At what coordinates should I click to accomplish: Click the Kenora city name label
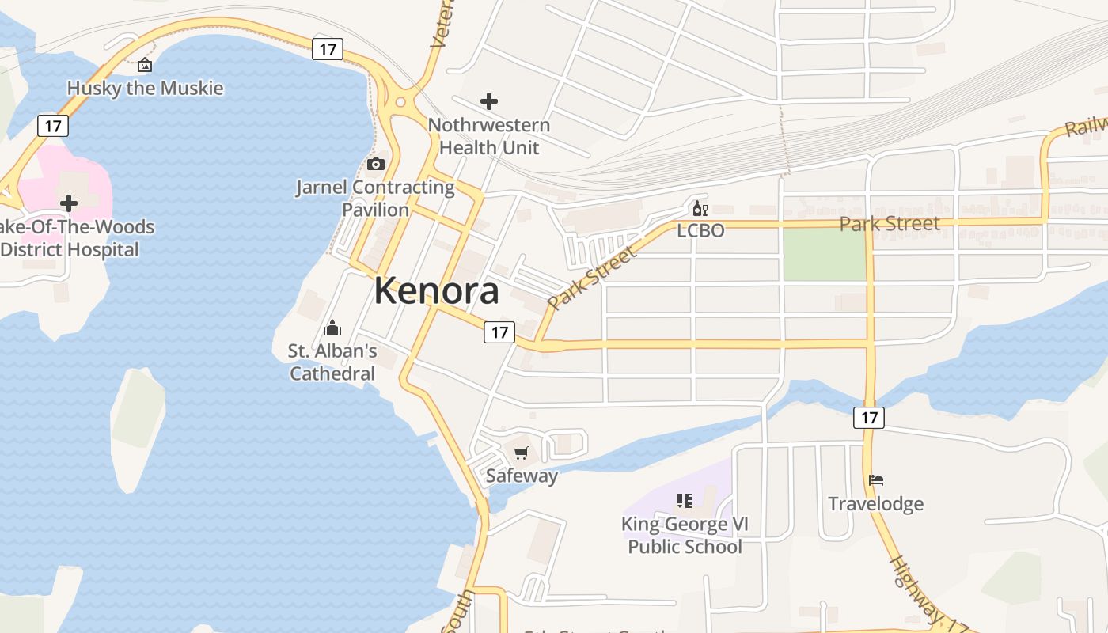tap(436, 291)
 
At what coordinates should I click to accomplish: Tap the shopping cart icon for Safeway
tap(521, 453)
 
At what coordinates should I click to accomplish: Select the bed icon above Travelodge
tap(875, 480)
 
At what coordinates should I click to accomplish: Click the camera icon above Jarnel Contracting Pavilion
tap(376, 165)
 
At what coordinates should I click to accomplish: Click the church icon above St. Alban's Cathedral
tap(332, 328)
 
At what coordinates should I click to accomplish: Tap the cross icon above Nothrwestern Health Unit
tap(489, 101)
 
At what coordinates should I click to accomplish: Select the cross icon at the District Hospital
tap(69, 203)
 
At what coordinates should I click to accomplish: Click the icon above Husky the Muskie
tap(145, 66)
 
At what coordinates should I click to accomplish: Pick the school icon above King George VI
tap(685, 501)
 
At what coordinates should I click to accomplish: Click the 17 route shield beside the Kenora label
tap(499, 332)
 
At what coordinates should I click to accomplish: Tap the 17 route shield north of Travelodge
tap(868, 417)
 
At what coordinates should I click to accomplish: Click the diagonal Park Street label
tap(591, 278)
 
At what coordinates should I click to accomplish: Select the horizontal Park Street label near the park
tap(890, 224)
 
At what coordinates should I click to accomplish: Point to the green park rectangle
tap(824, 254)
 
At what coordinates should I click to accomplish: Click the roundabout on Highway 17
tap(400, 101)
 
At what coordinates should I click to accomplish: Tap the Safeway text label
tap(522, 476)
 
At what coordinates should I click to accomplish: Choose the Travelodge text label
tap(875, 504)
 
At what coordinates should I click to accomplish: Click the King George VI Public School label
tap(685, 536)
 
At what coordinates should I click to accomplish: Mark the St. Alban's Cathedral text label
tap(332, 362)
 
